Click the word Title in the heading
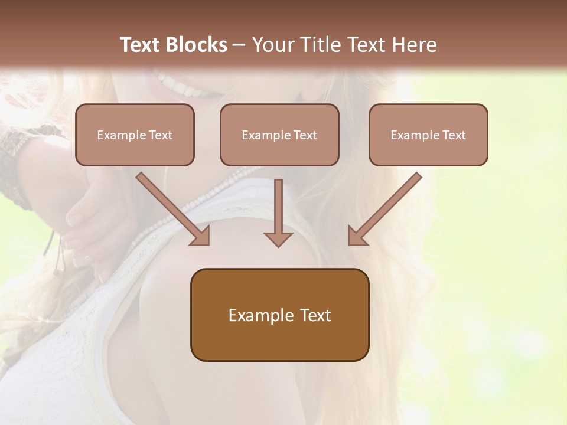click(x=320, y=45)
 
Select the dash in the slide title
click(x=239, y=45)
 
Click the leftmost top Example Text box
click(x=135, y=135)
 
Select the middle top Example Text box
click(x=279, y=135)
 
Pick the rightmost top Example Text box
click(x=428, y=135)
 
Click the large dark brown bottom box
click(x=279, y=315)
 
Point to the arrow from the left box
click(x=171, y=207)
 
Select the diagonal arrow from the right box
click(x=387, y=207)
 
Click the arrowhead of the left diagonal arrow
click(x=201, y=236)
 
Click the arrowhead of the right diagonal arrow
click(x=357, y=236)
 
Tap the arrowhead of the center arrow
click(x=278, y=238)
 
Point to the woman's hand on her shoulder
click(x=89, y=218)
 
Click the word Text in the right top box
click(x=454, y=135)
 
